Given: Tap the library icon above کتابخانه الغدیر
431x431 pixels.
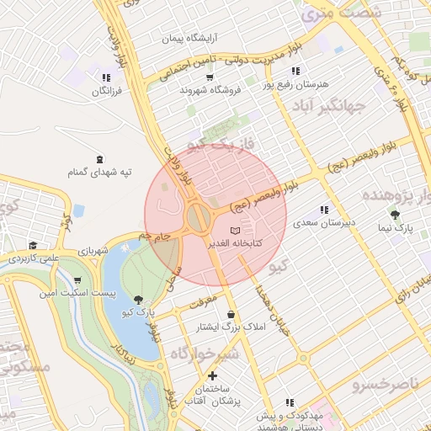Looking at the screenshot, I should coord(236,231).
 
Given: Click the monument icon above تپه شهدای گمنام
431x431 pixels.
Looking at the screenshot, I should coord(100,159).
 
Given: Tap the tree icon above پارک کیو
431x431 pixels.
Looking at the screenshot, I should coord(138,299).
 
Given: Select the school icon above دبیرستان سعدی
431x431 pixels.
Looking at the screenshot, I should coord(323,210).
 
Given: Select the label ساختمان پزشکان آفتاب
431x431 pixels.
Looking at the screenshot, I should coord(213,396).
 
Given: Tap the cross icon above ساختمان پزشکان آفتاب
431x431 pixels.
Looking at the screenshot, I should coord(212,375).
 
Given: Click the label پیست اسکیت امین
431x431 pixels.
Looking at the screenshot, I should coord(70,294).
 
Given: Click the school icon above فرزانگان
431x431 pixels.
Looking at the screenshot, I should coord(106,77).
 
